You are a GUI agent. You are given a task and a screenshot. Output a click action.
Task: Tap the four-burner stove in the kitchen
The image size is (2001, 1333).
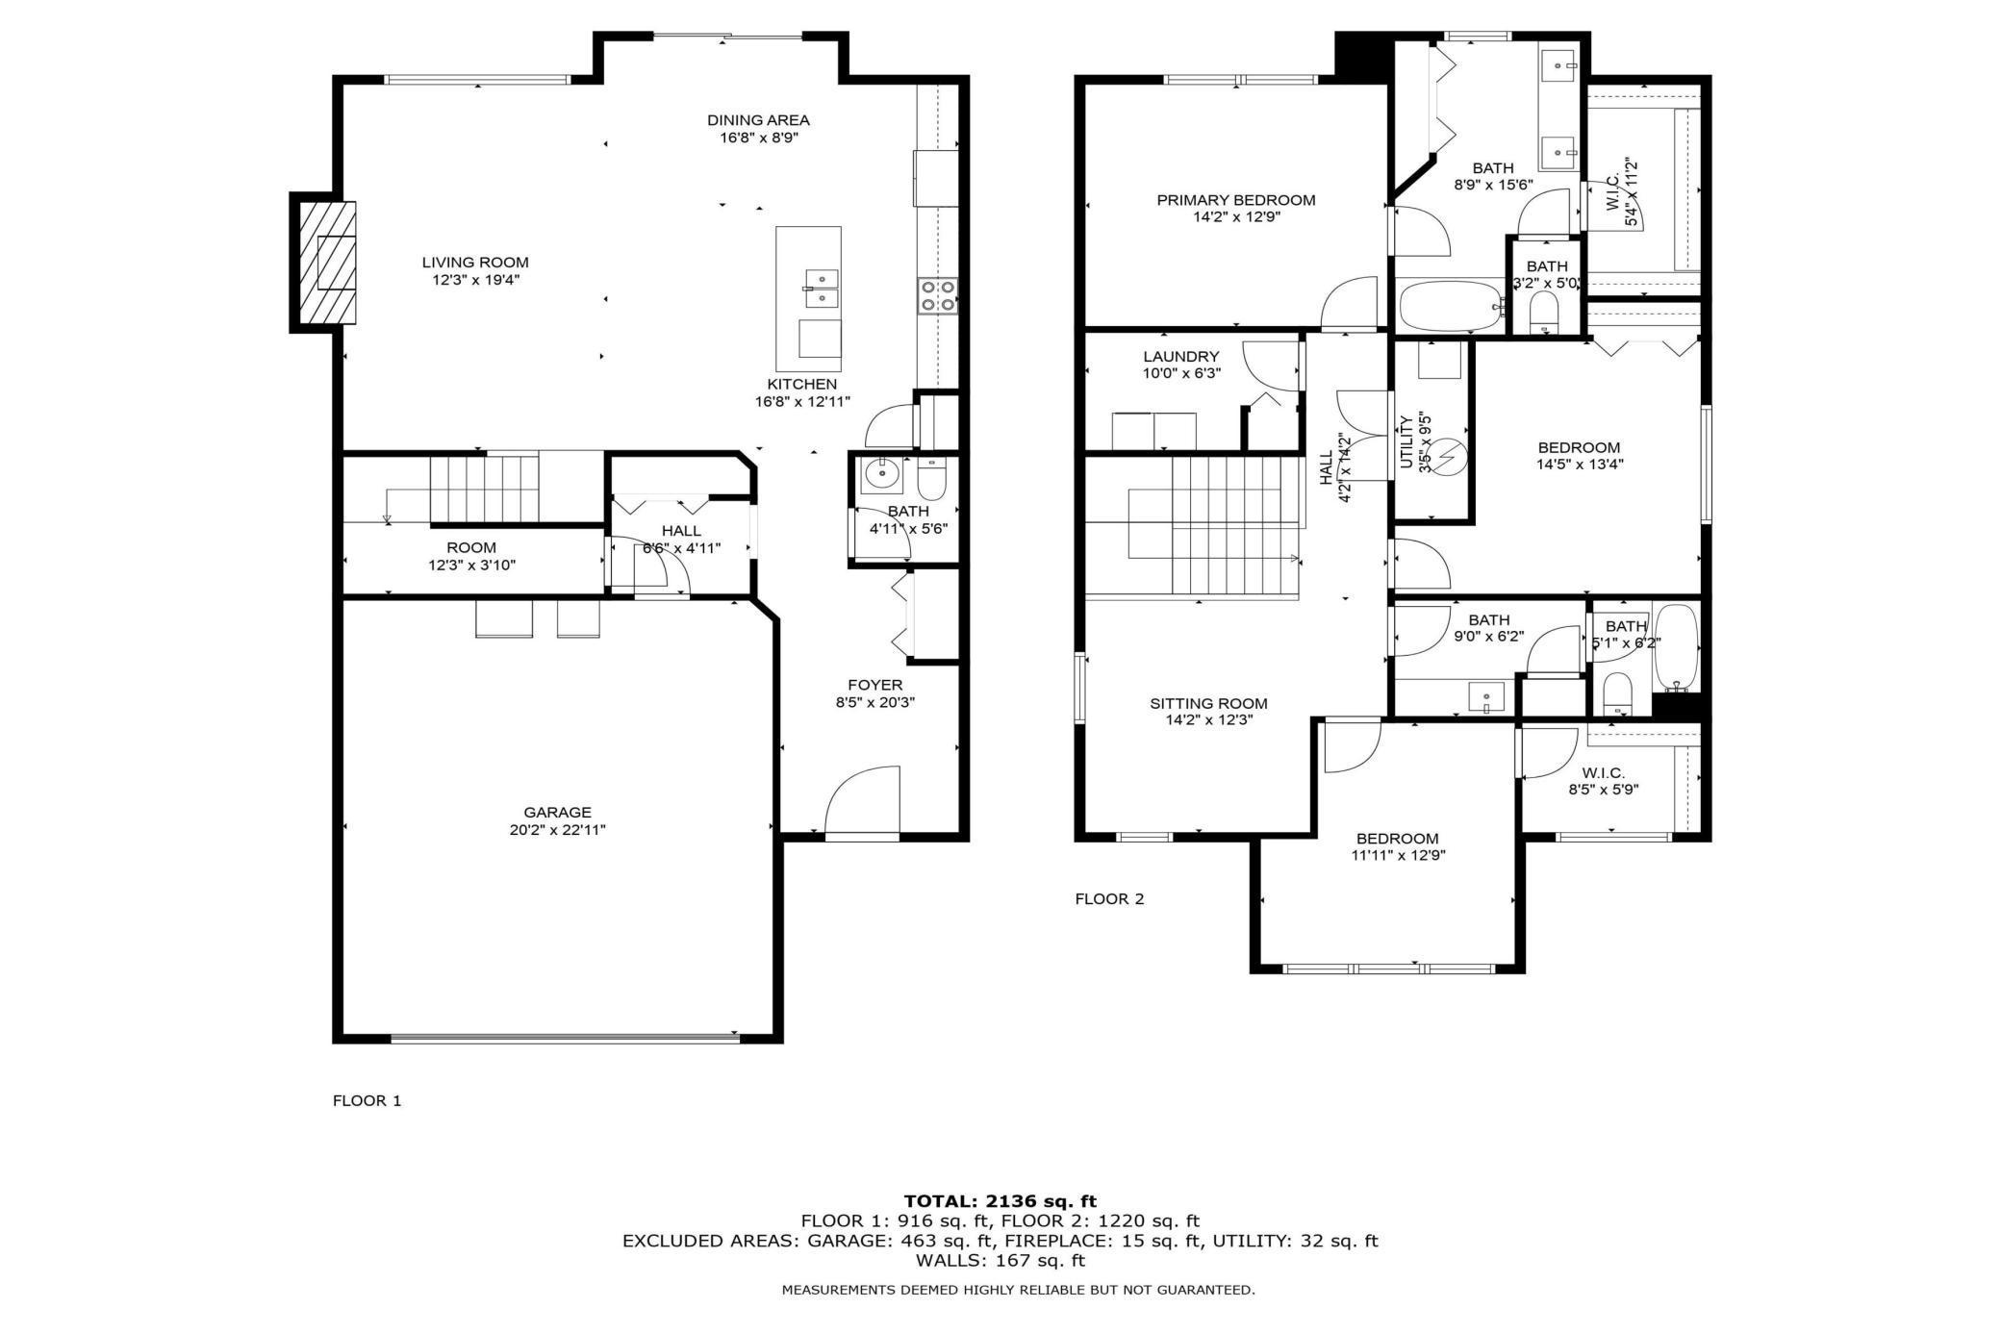(937, 295)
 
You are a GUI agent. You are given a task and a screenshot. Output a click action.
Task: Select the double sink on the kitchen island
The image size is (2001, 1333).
(821, 288)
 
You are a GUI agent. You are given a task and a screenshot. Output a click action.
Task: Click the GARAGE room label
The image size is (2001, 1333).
(557, 813)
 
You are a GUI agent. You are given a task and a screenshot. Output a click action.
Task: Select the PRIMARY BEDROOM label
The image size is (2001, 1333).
(1235, 200)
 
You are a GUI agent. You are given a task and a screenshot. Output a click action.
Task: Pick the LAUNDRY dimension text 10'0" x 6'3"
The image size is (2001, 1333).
(1181, 373)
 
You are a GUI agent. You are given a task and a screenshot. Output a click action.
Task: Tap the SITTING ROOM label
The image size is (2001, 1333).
(1208, 703)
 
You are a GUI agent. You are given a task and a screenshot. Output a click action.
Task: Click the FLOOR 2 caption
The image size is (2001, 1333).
(1109, 899)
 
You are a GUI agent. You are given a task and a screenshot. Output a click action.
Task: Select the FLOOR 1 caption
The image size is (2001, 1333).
(367, 1101)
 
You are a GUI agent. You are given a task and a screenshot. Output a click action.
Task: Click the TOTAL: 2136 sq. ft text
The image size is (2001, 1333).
(1000, 1201)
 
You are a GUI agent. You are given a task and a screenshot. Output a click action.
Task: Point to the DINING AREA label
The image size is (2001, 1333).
(758, 120)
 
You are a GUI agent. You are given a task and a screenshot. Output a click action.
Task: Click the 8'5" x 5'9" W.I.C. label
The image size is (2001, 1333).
(1603, 790)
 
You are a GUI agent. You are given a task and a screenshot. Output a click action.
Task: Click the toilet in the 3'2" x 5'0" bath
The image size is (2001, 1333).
(1543, 311)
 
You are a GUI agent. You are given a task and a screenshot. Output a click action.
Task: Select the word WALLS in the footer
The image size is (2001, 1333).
(946, 1260)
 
